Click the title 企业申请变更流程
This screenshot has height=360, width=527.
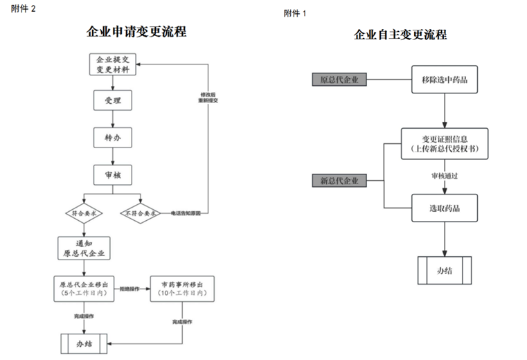click(136, 32)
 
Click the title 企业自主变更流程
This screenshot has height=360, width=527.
click(400, 35)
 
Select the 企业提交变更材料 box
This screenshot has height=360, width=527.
click(111, 65)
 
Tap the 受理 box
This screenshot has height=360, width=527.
click(111, 100)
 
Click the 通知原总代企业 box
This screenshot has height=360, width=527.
click(84, 248)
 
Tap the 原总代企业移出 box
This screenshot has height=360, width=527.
click(84, 289)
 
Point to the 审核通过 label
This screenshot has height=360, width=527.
click(445, 176)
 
